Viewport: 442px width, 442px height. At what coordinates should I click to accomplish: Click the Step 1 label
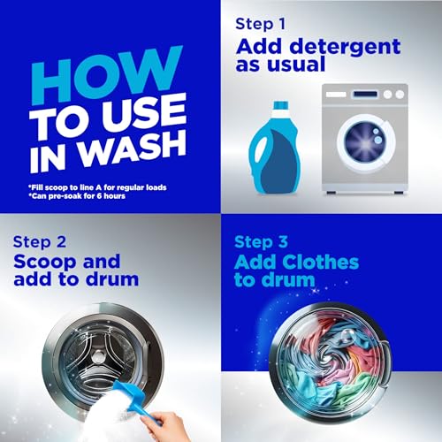pyautogui.click(x=261, y=24)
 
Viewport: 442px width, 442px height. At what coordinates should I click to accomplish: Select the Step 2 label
pyautogui.click(x=40, y=242)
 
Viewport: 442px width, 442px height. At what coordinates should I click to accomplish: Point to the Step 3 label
pyautogui.click(x=261, y=242)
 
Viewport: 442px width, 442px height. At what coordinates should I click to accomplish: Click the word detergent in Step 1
pyautogui.click(x=345, y=47)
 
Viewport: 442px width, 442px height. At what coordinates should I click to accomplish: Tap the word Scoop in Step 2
pyautogui.click(x=45, y=263)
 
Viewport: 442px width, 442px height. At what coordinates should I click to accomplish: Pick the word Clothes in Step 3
pyautogui.click(x=321, y=262)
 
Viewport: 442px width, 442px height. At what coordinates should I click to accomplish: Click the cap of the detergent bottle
pyautogui.click(x=280, y=105)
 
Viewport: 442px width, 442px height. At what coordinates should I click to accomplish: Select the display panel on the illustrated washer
pyautogui.click(x=365, y=95)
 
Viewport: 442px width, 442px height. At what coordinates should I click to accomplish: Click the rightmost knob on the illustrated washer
pyautogui.click(x=400, y=95)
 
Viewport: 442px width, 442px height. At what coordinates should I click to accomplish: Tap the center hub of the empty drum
pyautogui.click(x=96, y=358)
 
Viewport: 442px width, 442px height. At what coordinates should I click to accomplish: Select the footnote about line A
pyautogui.click(x=97, y=187)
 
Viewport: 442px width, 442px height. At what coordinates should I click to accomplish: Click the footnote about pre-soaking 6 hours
pyautogui.click(x=77, y=196)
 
